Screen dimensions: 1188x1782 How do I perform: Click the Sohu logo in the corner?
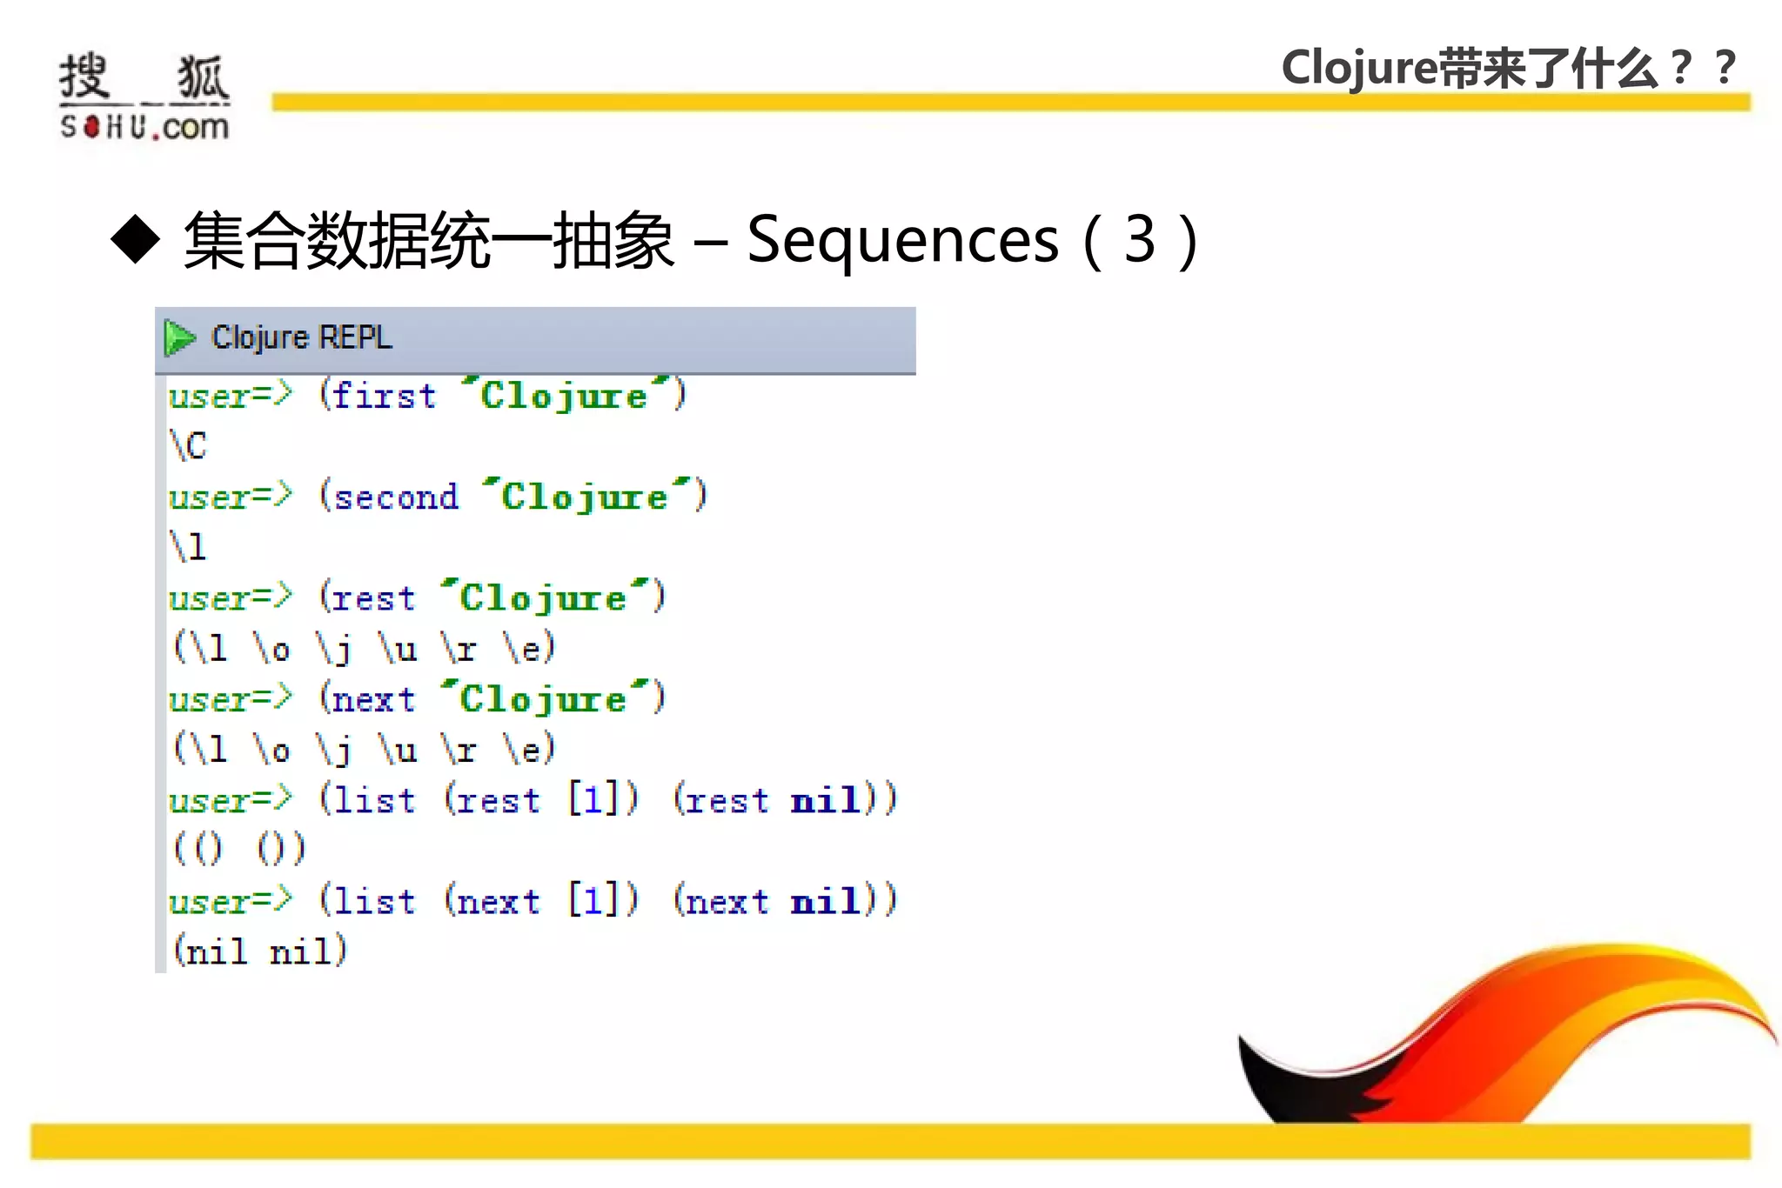click(144, 96)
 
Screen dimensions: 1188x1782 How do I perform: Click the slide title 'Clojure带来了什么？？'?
click(1509, 68)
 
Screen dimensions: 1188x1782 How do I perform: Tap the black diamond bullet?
click(136, 238)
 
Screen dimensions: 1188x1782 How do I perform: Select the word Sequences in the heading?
click(902, 240)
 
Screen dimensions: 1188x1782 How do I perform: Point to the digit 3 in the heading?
click(1139, 239)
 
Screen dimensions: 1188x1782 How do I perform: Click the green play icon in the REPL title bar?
click(179, 337)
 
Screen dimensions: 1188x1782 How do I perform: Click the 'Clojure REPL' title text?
click(302, 337)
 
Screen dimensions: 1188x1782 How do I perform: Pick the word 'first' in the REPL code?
click(384, 396)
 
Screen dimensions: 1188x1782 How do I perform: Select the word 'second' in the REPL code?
click(396, 497)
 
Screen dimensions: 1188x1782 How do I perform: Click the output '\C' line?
click(188, 445)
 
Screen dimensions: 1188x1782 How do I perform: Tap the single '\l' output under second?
click(188, 547)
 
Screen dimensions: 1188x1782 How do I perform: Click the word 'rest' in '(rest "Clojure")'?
click(373, 598)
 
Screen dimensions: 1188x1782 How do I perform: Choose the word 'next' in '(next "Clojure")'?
click(373, 699)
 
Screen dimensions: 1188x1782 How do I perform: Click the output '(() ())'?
click(239, 849)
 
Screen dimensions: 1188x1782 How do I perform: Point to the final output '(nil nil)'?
click(259, 951)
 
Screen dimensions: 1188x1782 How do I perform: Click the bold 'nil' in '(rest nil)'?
click(826, 800)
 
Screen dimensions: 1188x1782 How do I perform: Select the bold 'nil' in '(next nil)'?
click(826, 901)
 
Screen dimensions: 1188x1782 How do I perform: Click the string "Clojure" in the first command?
click(565, 396)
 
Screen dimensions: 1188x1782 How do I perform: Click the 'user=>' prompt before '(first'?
click(230, 396)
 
